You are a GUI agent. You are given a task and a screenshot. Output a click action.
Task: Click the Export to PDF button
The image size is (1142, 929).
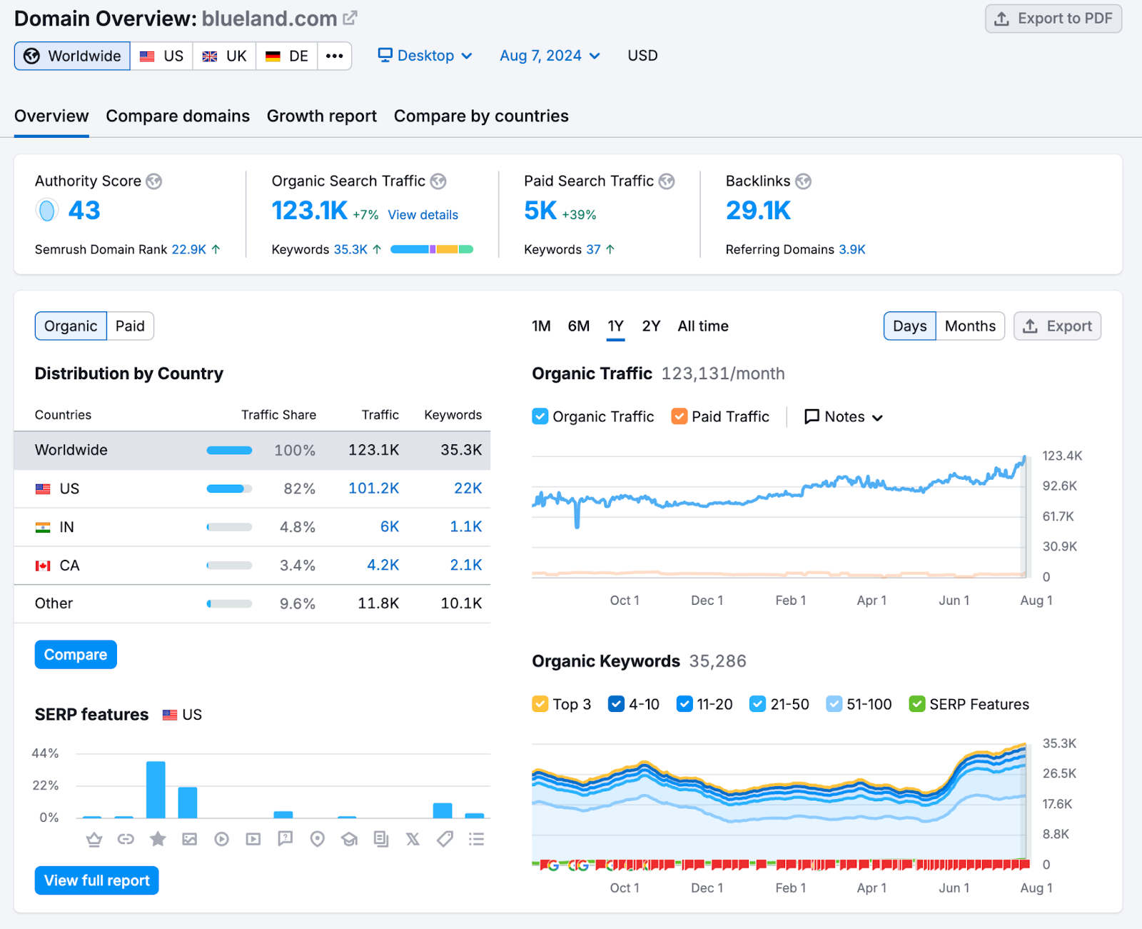point(1053,19)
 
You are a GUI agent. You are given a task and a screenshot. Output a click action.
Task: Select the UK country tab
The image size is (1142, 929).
point(224,56)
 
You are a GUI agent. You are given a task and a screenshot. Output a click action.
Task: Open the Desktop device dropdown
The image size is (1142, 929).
point(425,56)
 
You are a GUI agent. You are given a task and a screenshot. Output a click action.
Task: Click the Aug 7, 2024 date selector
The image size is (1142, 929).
point(550,56)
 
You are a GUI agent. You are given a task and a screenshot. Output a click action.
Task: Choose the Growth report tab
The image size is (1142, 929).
point(321,116)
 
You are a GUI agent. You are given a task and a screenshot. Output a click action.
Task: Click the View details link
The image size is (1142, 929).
point(423,215)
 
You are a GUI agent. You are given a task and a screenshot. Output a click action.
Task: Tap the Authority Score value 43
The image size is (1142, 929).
point(84,211)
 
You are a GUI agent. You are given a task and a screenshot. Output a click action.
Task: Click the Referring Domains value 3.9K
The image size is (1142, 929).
point(852,249)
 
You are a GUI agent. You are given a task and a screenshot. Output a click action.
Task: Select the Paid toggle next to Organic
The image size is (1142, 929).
point(130,326)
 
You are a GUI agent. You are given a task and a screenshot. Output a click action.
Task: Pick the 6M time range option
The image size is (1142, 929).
point(578,326)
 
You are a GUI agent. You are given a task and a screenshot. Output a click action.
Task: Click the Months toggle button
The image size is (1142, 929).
point(969,326)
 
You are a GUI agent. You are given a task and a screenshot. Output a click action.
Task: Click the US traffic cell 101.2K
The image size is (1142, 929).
point(373,488)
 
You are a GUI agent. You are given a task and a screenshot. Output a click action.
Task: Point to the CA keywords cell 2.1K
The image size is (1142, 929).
point(465,566)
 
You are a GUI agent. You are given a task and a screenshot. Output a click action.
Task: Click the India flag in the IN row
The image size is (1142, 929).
point(43,527)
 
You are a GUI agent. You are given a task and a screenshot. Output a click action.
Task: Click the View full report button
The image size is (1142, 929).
point(97,880)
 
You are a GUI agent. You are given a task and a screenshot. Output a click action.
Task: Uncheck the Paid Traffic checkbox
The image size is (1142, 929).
point(679,416)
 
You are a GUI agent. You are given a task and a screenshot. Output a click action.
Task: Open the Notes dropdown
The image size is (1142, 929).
point(844,417)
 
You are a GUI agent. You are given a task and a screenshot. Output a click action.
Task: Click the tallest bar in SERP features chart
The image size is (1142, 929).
point(156,789)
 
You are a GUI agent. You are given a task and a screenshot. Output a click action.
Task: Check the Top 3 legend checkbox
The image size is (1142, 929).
point(540,704)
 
